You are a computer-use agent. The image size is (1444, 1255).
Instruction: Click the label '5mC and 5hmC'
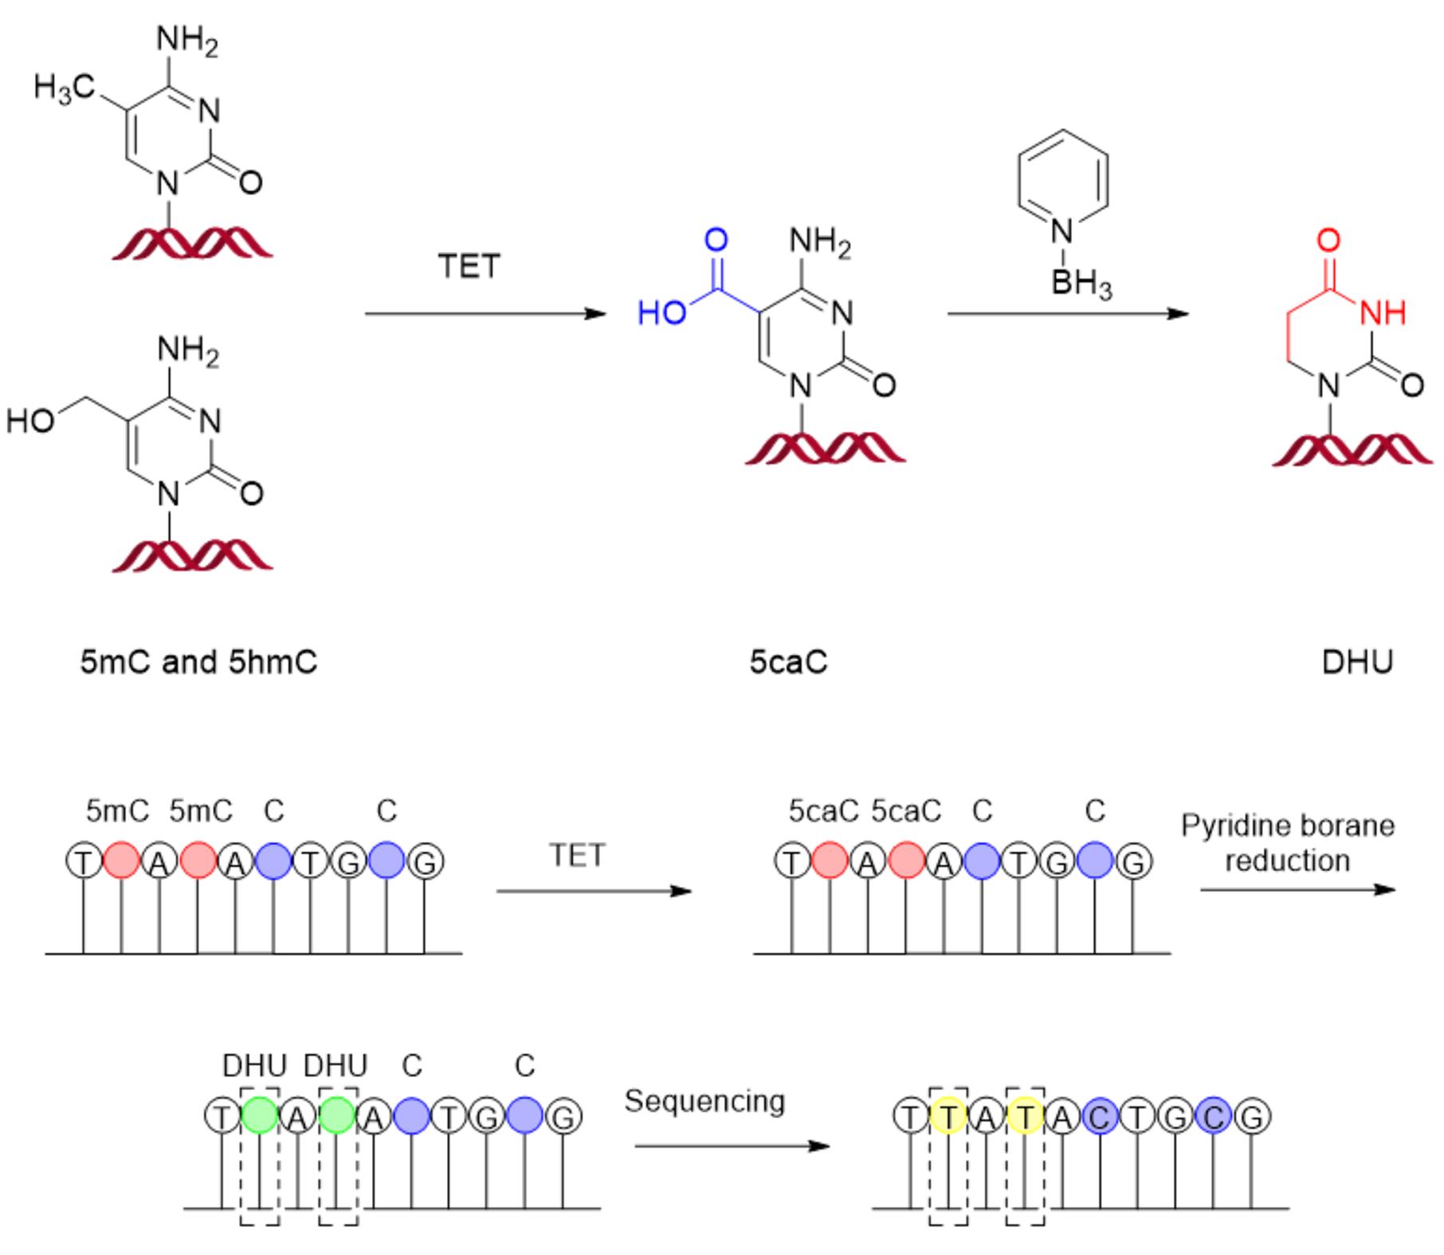198,662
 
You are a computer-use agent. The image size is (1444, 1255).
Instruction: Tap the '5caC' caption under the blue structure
788,662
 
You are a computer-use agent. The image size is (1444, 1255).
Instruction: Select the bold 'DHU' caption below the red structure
1357,662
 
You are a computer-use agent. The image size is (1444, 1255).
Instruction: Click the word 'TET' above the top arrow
469,266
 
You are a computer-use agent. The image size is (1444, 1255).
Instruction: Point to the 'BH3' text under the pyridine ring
1081,284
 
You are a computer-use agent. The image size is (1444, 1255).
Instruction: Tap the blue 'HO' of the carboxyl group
661,313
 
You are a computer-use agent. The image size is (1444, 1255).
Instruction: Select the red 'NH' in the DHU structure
1383,312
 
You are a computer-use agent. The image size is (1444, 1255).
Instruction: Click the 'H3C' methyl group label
64,88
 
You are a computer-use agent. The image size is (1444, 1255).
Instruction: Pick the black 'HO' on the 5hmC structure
29,421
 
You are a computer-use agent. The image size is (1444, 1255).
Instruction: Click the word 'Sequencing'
704,1101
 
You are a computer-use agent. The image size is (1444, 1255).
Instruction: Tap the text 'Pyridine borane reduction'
1288,843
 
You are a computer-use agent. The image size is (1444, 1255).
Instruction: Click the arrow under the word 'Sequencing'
732,1147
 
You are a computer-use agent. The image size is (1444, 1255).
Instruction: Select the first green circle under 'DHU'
260,1116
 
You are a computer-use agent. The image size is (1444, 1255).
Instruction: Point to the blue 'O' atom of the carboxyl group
716,240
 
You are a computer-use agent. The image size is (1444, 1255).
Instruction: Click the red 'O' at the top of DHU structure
1328,240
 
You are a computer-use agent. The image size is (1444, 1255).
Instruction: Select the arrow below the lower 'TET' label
594,891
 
